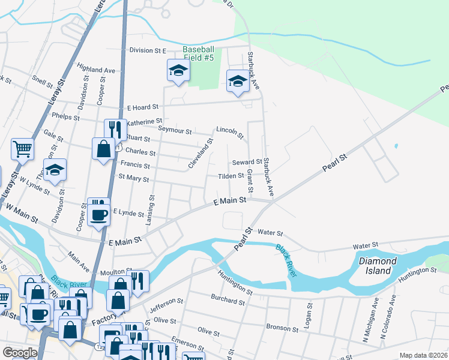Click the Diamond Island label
click(x=378, y=266)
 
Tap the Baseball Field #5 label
click(x=198, y=53)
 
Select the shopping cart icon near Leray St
click(x=22, y=148)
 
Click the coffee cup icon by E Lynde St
click(x=99, y=214)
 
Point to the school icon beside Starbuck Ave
click(x=238, y=82)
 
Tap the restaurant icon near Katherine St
click(x=115, y=130)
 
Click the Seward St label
click(x=247, y=162)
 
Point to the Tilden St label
click(x=231, y=176)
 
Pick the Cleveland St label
click(x=201, y=154)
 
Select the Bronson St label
click(x=282, y=329)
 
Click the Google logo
click(x=20, y=353)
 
